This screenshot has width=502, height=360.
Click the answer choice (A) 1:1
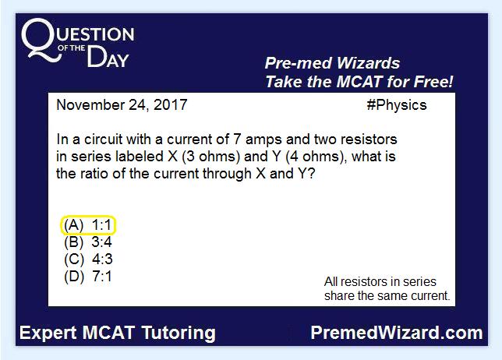pos(88,225)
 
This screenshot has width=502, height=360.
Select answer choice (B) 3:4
pos(88,242)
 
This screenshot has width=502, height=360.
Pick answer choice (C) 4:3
pos(88,259)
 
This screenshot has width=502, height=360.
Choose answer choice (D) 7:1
pos(88,277)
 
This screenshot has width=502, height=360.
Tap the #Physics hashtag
pos(397,105)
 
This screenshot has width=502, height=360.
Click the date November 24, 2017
pos(122,105)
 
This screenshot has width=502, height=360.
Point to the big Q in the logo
pos(41,40)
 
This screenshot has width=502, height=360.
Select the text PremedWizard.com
pos(397,333)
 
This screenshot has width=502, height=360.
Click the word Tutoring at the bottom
pos(179,334)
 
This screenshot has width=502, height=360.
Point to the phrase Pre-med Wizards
pos(332,63)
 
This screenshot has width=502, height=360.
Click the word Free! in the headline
pos(433,81)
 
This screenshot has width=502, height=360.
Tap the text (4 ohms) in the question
pos(316,157)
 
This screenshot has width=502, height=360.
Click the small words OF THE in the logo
pos(72,48)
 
